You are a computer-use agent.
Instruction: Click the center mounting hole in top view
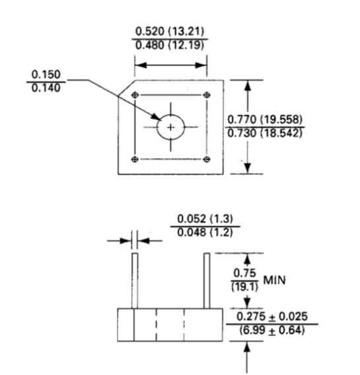[171, 126]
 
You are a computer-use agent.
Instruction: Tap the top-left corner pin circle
[135, 95]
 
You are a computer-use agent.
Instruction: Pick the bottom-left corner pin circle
[135, 159]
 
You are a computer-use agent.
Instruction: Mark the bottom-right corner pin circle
[207, 159]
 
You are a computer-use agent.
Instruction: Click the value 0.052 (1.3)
[206, 219]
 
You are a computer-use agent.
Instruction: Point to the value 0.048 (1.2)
[206, 232]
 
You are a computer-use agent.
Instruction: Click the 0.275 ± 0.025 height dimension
[271, 317]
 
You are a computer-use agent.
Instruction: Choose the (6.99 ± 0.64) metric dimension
[271, 330]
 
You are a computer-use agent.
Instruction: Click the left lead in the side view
[134, 280]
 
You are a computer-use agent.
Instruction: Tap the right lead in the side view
[207, 280]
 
